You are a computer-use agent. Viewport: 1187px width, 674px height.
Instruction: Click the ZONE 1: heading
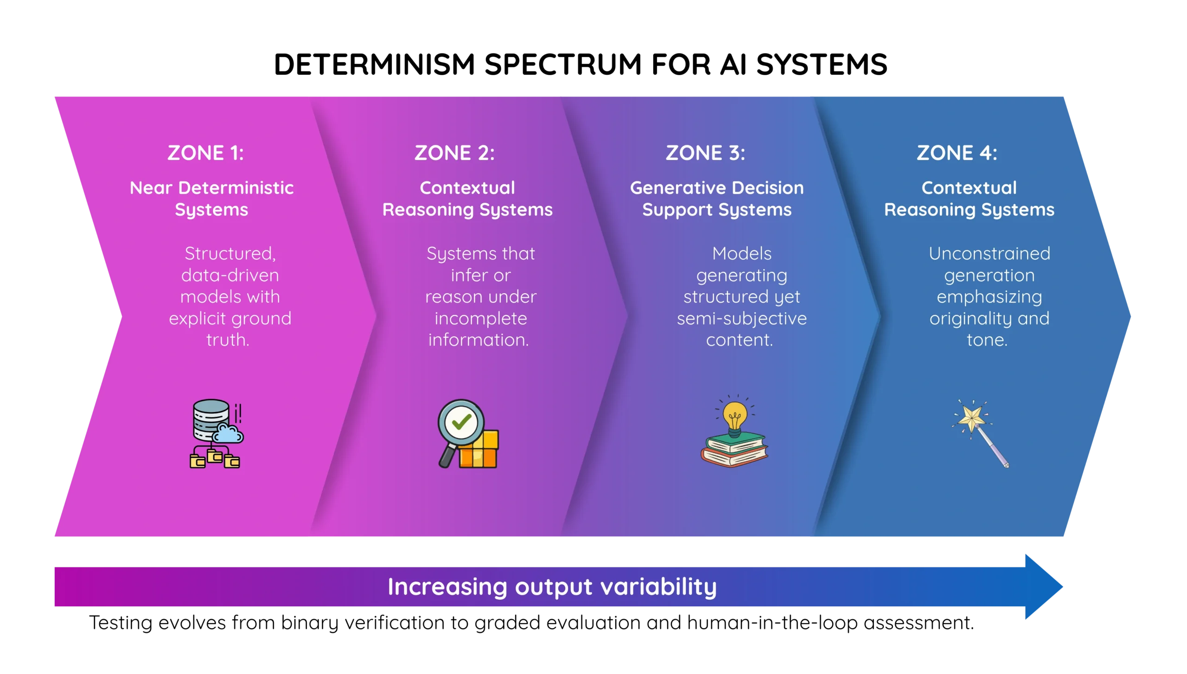click(x=205, y=153)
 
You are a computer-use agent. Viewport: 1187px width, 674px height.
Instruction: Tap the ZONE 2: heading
click(x=454, y=153)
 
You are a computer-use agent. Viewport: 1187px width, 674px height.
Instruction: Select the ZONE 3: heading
click(x=705, y=153)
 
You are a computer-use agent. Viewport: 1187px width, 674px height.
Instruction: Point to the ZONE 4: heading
click(x=957, y=153)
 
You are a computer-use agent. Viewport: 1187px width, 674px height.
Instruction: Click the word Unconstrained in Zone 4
click(x=989, y=253)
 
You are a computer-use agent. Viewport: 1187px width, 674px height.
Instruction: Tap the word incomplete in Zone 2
click(x=480, y=318)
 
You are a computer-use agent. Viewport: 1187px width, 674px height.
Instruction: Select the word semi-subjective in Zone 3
click(x=741, y=318)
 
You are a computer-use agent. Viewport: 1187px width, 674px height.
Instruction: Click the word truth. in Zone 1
click(x=228, y=340)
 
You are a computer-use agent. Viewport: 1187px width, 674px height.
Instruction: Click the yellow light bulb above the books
click(x=735, y=416)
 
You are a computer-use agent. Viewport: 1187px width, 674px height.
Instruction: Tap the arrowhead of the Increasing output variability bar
click(x=1043, y=586)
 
